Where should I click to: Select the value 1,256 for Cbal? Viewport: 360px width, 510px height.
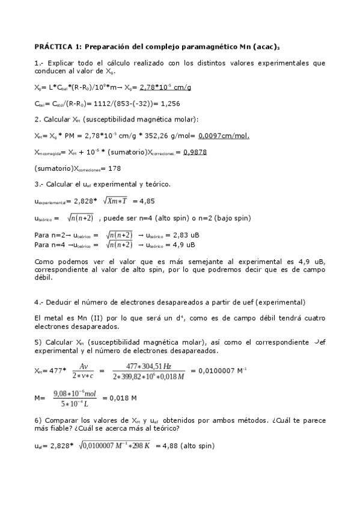pos(170,103)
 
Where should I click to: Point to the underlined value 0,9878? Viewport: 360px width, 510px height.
pos(195,152)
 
